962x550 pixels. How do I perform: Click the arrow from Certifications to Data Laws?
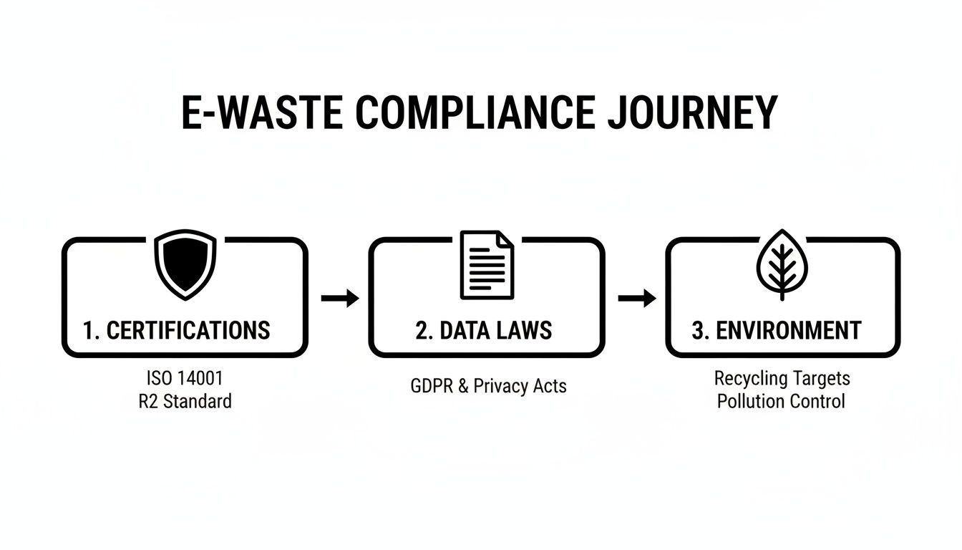point(340,298)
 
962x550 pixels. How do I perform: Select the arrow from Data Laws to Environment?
point(636,298)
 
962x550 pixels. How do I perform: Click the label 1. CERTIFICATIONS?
point(176,330)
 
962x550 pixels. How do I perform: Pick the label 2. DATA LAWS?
point(484,330)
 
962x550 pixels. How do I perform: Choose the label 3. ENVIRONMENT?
point(777,330)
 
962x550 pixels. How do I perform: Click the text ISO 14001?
point(185,378)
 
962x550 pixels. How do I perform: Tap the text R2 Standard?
point(185,400)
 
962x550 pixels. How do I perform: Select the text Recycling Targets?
point(782,378)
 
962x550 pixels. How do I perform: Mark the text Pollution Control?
point(782,400)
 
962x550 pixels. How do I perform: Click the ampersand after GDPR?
point(462,386)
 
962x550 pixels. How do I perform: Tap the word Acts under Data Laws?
point(550,386)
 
